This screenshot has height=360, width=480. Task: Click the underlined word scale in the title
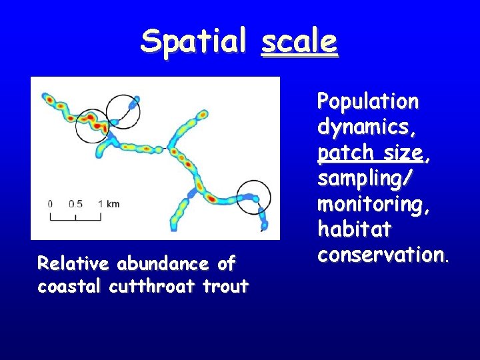click(x=299, y=41)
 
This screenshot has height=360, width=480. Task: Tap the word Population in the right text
click(x=368, y=101)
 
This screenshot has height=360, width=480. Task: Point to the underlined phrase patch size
click(x=370, y=153)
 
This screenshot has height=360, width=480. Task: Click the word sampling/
click(x=365, y=179)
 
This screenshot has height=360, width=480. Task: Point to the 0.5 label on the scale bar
click(x=75, y=203)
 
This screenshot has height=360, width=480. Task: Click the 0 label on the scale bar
click(x=50, y=203)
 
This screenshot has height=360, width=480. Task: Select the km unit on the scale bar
click(x=112, y=203)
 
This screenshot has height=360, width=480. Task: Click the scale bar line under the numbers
click(x=75, y=218)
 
